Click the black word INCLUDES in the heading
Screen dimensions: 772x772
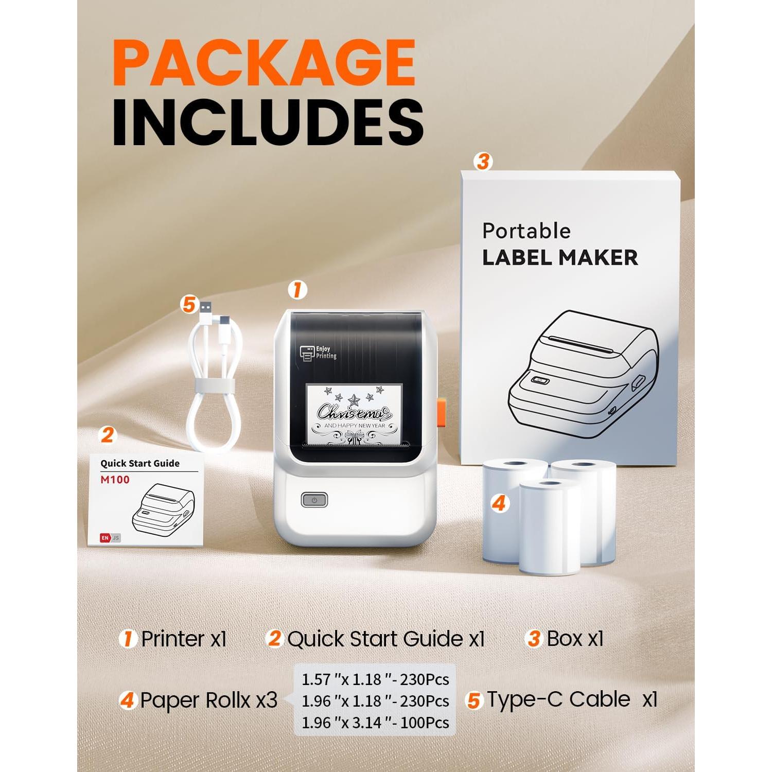click(x=268, y=122)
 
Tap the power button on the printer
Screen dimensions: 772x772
click(x=314, y=499)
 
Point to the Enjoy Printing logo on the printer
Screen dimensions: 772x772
click(x=319, y=353)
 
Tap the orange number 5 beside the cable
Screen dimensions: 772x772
click(x=189, y=305)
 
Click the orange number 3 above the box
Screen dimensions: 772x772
click(x=482, y=162)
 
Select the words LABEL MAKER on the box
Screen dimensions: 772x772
click(x=560, y=258)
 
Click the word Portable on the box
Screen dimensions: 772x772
click(x=526, y=231)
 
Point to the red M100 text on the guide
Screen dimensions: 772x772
click(x=115, y=480)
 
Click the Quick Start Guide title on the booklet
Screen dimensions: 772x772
click(x=140, y=463)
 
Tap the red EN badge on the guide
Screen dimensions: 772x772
click(x=105, y=538)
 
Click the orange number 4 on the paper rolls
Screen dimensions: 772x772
click(x=498, y=503)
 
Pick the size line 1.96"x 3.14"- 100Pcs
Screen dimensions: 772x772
click(x=375, y=723)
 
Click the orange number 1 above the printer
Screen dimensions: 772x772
click(x=296, y=290)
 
